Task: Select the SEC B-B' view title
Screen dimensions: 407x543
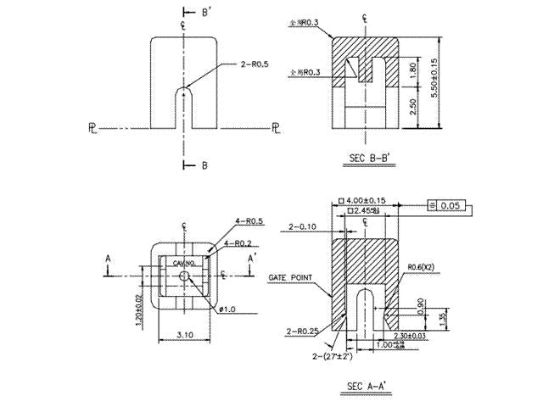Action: coord(373,157)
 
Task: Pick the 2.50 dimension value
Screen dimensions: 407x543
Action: coord(413,108)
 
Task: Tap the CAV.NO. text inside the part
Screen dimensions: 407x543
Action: coord(184,265)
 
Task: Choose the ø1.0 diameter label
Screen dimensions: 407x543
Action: coord(228,308)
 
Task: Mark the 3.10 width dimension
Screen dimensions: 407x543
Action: coord(185,336)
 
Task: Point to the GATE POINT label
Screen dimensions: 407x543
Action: coord(291,277)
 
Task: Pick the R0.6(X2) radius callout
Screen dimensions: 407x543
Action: coord(423,268)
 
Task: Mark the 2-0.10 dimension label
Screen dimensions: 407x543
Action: coord(303,227)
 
